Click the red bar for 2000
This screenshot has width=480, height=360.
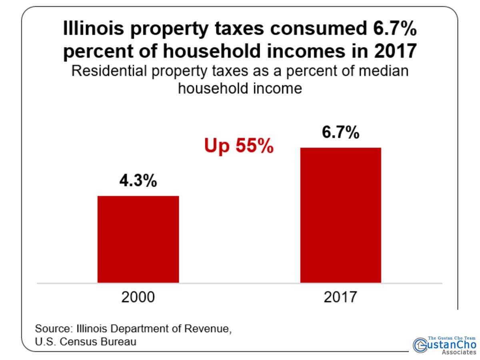138,239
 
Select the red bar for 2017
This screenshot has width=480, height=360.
340,215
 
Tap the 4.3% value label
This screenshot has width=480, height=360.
138,181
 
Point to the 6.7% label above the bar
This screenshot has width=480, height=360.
340,133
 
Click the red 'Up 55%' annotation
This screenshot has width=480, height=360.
239,146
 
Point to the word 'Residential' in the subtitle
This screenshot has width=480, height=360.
108,72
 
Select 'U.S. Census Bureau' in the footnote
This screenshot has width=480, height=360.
86,342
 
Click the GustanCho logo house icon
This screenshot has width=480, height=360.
420,344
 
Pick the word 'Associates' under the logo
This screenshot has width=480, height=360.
459,352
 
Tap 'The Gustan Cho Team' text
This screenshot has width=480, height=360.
452,338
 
